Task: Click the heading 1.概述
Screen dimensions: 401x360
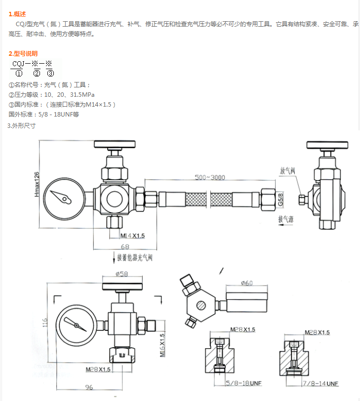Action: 17,14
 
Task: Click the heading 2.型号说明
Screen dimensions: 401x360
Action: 23,53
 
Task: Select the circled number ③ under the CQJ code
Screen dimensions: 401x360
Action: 50,74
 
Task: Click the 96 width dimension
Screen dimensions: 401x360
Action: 89,388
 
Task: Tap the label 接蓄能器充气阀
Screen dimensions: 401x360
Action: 135,257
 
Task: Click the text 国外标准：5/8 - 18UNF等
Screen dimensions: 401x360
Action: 44,114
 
